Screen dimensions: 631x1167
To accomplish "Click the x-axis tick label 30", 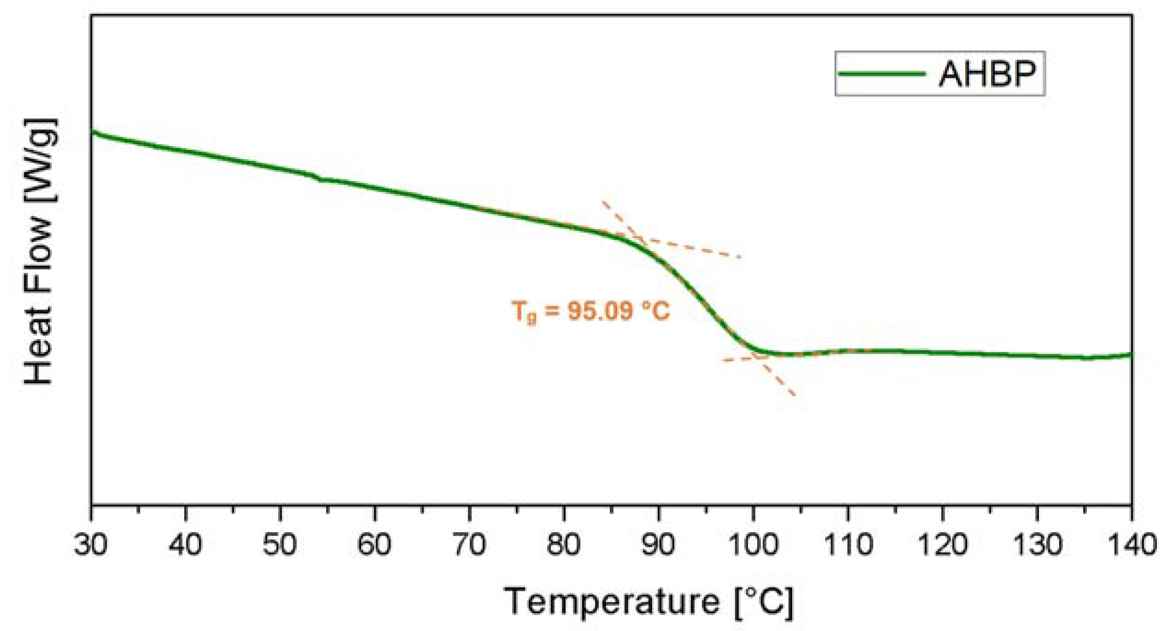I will click(91, 545).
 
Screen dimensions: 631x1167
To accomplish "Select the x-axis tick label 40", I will click(186, 545).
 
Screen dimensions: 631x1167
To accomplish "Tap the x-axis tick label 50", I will click(280, 545).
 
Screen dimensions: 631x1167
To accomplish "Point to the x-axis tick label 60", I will click(375, 545).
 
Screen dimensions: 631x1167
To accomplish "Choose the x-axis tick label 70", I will click(469, 545).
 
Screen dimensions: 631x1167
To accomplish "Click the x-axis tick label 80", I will click(564, 545).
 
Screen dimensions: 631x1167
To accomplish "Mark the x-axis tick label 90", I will click(659, 545).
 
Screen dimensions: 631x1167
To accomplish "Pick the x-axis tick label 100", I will click(753, 545).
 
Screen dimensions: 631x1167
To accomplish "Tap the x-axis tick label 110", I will click(848, 545).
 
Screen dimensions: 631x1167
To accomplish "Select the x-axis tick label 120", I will click(942, 545).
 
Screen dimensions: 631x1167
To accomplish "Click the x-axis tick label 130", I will click(1037, 545).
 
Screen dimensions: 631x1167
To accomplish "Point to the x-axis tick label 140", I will click(1132, 545).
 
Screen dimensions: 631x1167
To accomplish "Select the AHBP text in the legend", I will click(987, 74).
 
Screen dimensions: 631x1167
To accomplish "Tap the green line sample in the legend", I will click(881, 74).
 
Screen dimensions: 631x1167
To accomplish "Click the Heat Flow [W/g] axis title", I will click(41, 251).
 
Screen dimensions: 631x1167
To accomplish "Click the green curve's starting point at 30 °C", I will click(92, 132).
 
